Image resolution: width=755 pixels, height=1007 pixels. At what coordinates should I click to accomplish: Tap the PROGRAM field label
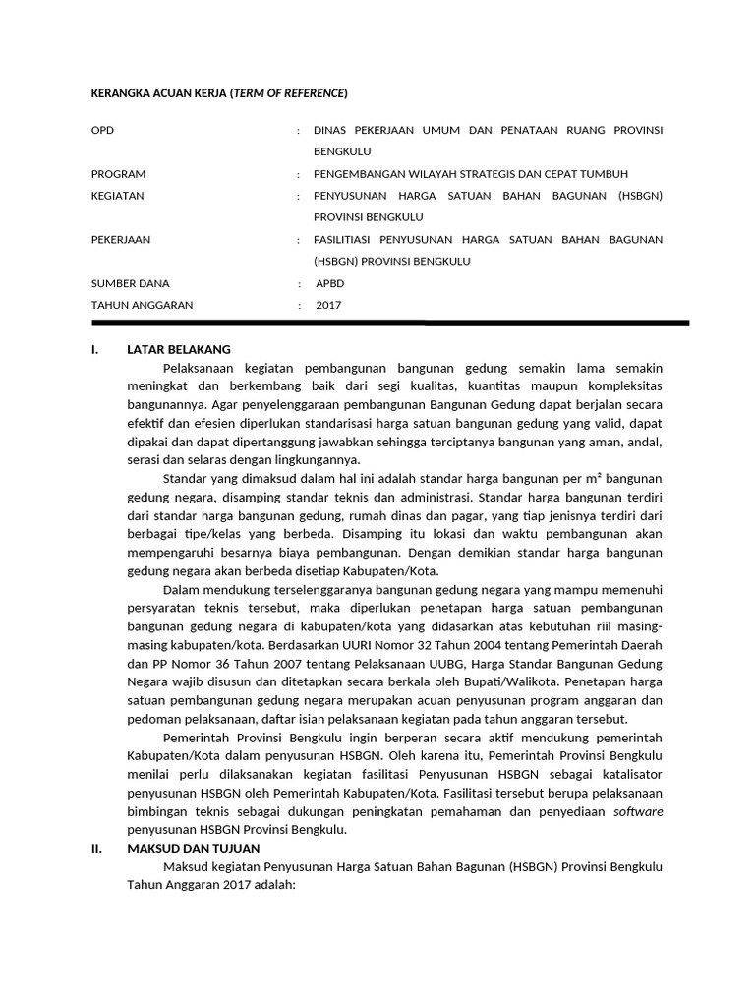(118, 174)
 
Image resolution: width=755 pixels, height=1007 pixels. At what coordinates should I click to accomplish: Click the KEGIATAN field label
(117, 196)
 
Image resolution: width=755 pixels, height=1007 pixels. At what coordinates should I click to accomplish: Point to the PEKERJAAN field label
(121, 240)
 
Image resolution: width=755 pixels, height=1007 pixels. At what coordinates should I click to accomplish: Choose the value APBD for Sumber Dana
(330, 283)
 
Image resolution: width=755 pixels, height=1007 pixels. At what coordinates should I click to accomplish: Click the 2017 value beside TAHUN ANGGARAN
(328, 305)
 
